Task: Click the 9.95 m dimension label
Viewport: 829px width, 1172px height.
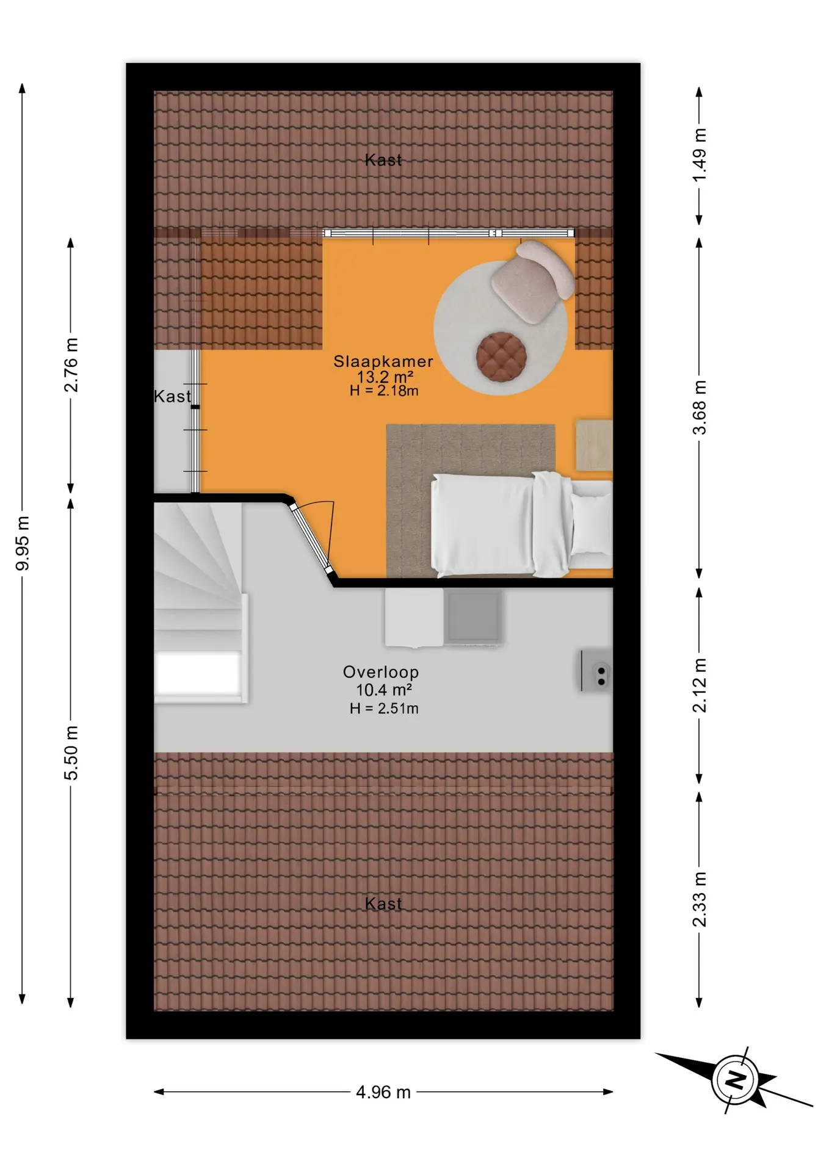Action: click(x=23, y=543)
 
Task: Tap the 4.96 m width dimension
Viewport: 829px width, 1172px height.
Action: click(x=383, y=1092)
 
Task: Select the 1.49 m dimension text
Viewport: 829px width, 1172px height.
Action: click(x=700, y=154)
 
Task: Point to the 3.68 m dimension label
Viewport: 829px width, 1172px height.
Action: click(x=700, y=407)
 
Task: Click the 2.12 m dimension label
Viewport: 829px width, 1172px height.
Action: click(x=700, y=685)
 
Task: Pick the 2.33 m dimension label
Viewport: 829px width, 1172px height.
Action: click(x=700, y=899)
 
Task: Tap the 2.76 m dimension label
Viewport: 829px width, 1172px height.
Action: click(x=71, y=364)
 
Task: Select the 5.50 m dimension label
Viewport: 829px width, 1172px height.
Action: click(x=71, y=753)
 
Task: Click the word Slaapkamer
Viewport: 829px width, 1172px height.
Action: click(x=383, y=361)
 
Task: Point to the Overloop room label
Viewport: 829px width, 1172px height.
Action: click(x=381, y=672)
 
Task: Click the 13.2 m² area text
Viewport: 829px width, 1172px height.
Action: click(x=385, y=377)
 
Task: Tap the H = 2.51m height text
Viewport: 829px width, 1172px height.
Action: click(x=384, y=708)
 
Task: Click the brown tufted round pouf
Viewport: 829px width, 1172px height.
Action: click(x=501, y=356)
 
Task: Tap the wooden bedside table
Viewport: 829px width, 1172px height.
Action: click(x=594, y=445)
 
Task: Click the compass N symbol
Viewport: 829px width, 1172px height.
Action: click(x=735, y=1080)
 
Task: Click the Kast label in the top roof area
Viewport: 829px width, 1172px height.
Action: click(x=383, y=160)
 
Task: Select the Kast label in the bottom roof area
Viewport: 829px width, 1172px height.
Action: click(x=383, y=904)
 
